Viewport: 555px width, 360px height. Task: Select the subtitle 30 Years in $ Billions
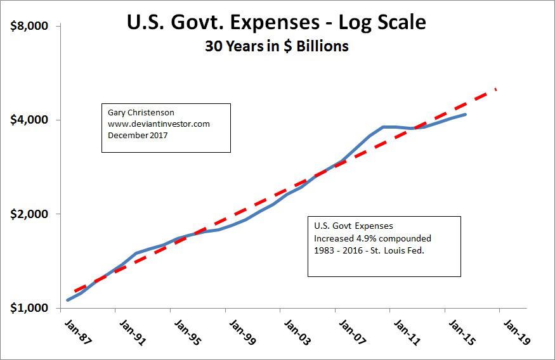tap(277, 47)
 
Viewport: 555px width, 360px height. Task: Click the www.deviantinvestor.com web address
tap(158, 124)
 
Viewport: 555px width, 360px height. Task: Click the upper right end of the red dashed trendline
tap(496, 89)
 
